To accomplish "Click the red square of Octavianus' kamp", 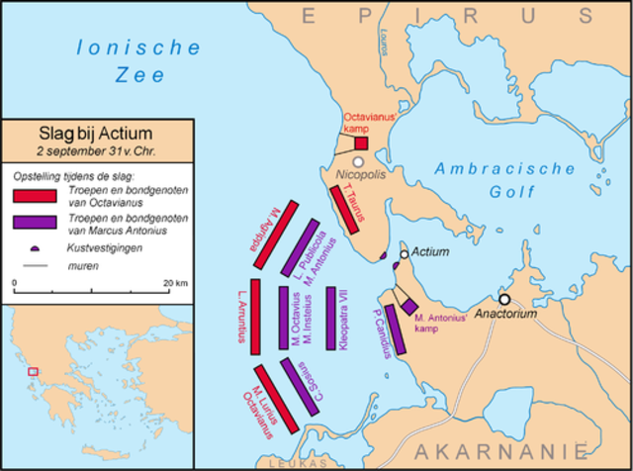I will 361,142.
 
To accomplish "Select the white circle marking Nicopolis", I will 358,161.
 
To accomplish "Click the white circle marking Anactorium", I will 504,298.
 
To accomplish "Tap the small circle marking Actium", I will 404,254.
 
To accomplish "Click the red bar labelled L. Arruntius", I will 255,317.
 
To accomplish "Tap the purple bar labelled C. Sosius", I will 299,387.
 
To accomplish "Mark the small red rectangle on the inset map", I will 33,371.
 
